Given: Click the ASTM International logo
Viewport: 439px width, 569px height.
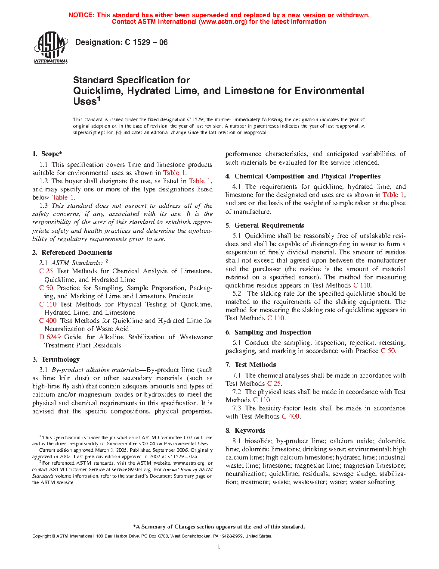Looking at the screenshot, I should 51,47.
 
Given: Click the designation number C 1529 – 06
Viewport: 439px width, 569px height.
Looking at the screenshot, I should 146,42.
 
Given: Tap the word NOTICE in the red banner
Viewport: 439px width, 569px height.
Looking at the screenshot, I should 81,15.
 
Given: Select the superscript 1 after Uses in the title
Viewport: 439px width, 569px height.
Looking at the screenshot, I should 99,99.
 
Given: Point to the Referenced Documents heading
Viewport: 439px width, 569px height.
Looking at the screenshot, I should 77,253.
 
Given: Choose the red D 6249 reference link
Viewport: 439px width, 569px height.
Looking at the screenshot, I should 50,337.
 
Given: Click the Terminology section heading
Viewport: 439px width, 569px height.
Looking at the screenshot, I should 60,360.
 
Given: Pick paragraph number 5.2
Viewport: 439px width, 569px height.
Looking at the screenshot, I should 237,294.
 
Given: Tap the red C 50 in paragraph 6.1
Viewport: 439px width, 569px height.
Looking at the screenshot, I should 388,351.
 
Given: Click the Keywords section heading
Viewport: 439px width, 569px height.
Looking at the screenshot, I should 250,431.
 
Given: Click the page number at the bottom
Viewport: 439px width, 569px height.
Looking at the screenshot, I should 219,547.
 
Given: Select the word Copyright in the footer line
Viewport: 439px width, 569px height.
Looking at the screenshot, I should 42,536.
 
